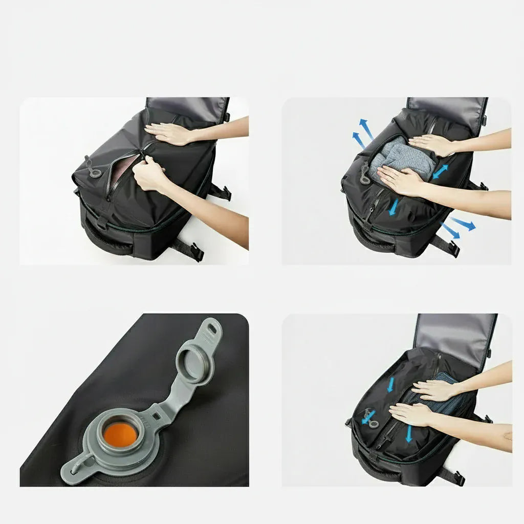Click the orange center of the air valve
click(x=121, y=433)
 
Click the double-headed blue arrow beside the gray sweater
click(x=440, y=172)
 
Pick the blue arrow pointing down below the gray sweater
click(x=394, y=207)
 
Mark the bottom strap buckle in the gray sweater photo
click(x=452, y=249)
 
